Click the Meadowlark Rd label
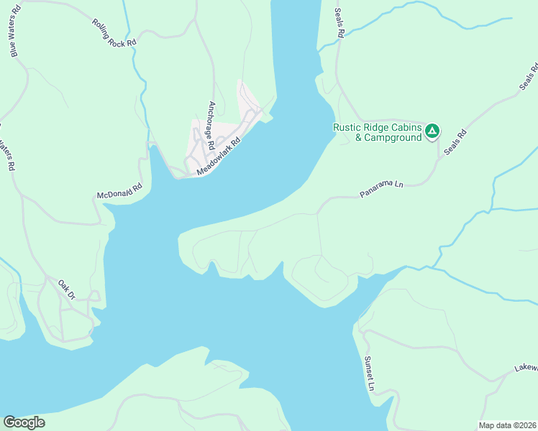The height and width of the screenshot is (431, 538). click(218, 156)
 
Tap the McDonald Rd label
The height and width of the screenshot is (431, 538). click(120, 191)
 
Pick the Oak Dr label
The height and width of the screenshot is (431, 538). click(67, 289)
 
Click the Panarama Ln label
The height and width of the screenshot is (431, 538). click(382, 189)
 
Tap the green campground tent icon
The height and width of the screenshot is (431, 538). click(432, 131)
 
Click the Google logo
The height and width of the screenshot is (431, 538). click(24, 422)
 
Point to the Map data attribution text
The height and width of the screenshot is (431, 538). click(507, 425)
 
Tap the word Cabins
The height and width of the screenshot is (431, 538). click(406, 127)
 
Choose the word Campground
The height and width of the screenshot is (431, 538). click(393, 138)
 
